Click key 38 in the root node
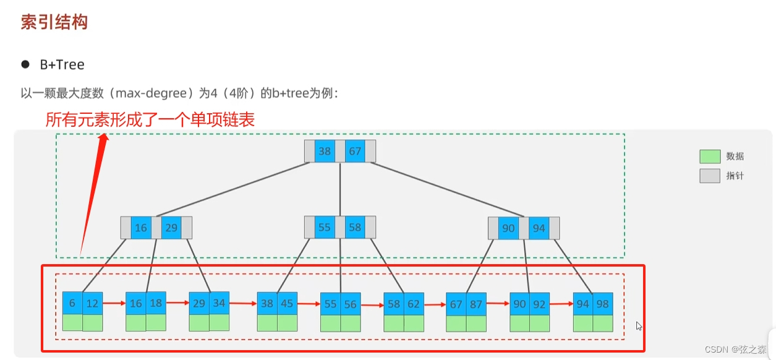(x=325, y=152)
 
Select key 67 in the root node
(x=355, y=152)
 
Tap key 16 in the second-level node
(x=141, y=228)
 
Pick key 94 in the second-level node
(x=539, y=228)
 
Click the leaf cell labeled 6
(x=72, y=304)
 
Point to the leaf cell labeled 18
(x=156, y=304)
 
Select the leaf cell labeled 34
(x=219, y=304)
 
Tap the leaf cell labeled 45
(x=287, y=304)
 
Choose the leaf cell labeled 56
(x=351, y=304)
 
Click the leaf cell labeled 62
(x=414, y=304)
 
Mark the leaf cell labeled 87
(x=476, y=304)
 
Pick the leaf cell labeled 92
(x=539, y=304)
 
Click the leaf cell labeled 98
(x=602, y=304)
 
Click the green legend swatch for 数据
(x=710, y=156)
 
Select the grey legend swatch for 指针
(x=710, y=176)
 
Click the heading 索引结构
(x=54, y=22)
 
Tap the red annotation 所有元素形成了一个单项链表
(x=150, y=119)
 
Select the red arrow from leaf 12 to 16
(x=114, y=304)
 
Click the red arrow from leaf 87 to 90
(x=498, y=304)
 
